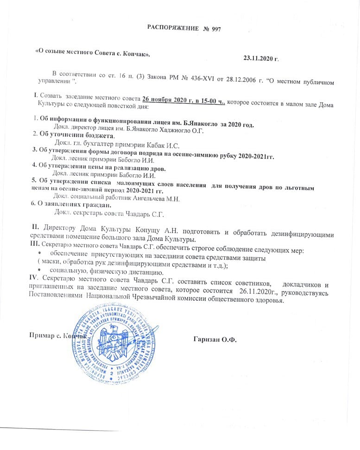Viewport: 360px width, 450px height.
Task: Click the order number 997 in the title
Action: pos(215,29)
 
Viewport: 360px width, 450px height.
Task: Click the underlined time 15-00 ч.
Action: pos(211,99)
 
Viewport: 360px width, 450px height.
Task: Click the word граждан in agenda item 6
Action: pos(95,205)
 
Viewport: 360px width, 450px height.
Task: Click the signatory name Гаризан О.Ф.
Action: pos(215,339)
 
